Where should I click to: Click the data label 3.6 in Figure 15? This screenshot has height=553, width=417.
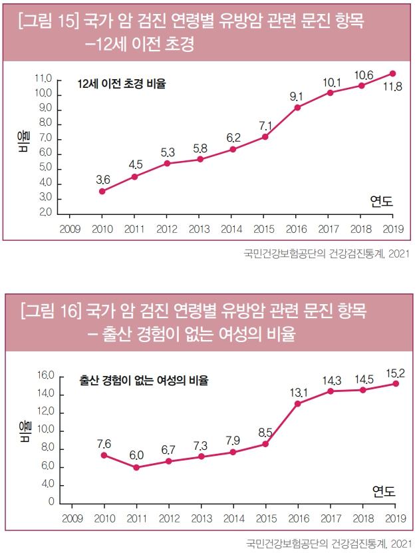pos(103,180)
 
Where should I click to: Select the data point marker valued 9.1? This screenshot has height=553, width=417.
pos(297,107)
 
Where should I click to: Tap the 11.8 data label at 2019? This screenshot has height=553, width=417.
pos(392,87)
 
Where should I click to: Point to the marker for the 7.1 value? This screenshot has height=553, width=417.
pos(265,136)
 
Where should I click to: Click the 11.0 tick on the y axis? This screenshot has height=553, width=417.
pos(43,79)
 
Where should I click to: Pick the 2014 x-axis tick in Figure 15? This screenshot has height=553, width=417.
pos(232,228)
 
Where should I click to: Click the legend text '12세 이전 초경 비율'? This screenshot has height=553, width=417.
pos(121,84)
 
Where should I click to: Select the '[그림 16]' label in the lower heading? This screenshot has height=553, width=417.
pos(50,311)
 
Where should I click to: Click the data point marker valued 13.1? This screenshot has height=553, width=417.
pos(298,403)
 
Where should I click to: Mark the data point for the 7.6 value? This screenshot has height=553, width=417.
pos(104,455)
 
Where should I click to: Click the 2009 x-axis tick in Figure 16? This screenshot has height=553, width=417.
pos(71,517)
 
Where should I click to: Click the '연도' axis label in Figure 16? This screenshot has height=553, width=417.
pos(383,492)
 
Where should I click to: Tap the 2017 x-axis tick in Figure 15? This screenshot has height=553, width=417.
pos(329,228)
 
